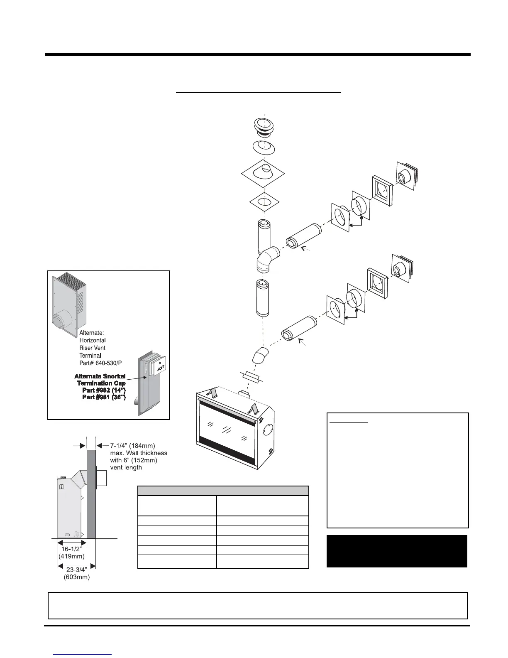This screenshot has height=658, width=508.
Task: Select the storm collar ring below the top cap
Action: (x=264, y=148)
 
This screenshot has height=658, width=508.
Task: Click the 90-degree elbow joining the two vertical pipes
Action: (x=268, y=258)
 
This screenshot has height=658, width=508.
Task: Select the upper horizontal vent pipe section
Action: (x=303, y=237)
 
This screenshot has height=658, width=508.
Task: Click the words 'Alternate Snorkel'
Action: (x=100, y=376)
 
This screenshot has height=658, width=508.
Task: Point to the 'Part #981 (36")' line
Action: (x=104, y=397)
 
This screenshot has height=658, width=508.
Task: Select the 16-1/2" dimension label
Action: (x=71, y=549)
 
